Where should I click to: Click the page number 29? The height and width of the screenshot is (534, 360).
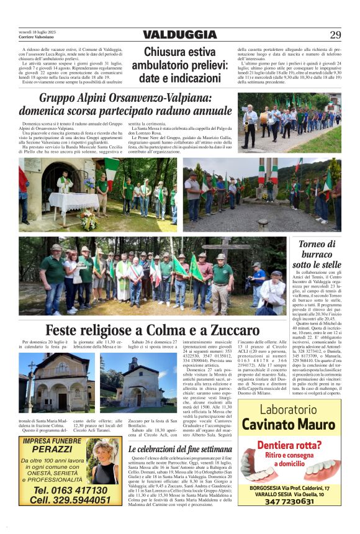point(335,35)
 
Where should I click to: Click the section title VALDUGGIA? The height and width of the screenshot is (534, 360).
point(180,35)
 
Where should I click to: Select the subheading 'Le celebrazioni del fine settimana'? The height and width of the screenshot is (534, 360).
point(180,448)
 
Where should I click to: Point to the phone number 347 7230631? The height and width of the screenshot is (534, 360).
point(289,502)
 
